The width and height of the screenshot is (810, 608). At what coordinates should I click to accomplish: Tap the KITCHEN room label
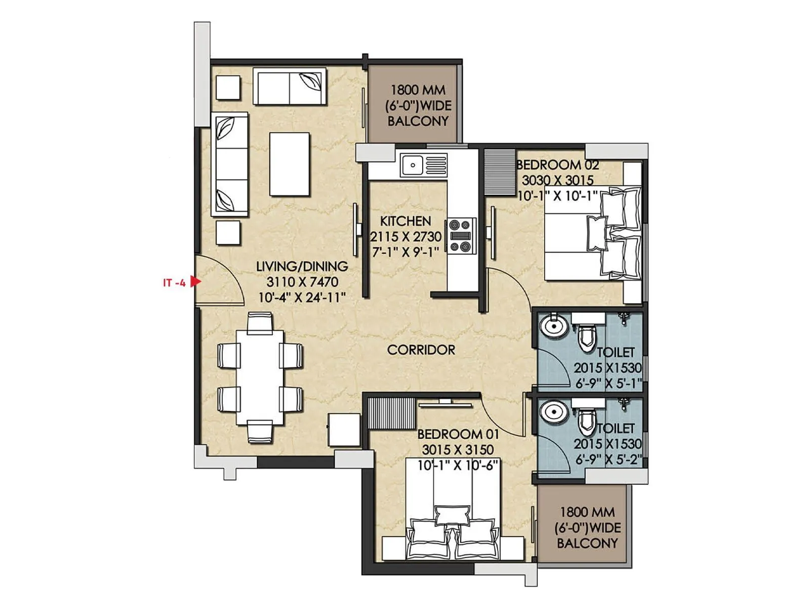406,221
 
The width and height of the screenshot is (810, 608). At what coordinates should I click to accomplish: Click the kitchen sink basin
413,165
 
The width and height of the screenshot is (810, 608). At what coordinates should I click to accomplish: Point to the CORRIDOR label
421,350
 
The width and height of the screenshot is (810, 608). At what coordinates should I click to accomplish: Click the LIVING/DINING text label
302,267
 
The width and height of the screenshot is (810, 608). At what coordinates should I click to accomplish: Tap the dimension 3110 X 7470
302,282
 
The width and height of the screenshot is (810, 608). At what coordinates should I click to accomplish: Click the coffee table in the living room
290,164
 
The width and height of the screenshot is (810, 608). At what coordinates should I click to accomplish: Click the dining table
260,377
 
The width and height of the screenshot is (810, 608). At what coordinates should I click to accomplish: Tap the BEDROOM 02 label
557,165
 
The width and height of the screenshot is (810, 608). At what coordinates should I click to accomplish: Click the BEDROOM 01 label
458,434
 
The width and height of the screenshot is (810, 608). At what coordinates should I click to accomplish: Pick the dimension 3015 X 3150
458,449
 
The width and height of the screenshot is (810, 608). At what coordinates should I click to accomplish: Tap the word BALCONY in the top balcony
418,121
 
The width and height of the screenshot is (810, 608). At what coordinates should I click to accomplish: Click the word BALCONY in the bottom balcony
587,543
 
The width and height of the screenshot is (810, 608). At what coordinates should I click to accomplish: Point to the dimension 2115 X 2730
406,237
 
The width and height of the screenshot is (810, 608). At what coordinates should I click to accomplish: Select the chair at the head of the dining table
260,322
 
